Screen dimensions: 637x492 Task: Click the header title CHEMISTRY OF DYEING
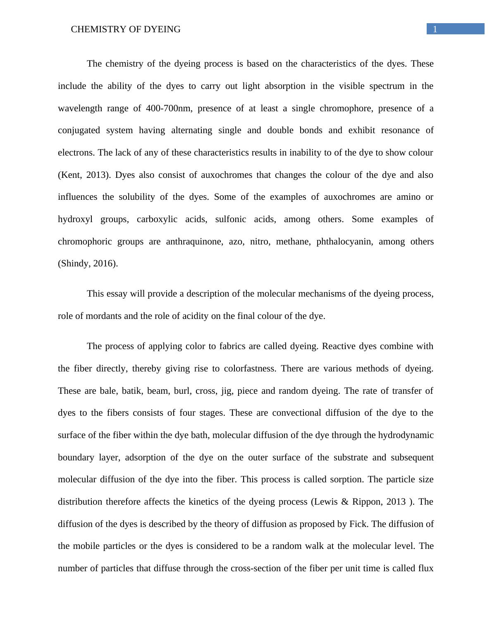126,29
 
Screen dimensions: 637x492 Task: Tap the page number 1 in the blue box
435,29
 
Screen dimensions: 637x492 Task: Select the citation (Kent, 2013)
84,175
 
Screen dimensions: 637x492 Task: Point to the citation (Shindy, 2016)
88,263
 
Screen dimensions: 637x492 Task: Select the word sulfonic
231,219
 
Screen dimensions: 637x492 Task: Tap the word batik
131,391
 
